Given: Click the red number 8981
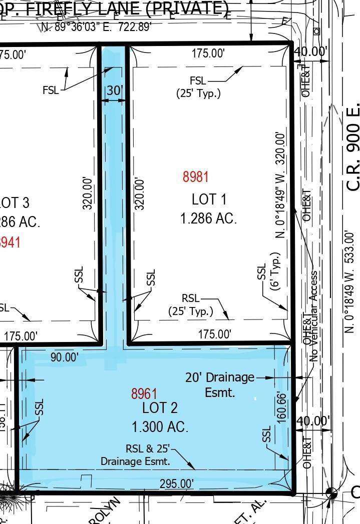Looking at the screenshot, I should click(195, 176).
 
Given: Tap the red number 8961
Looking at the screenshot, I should click(144, 393).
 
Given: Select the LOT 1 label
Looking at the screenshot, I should click(209, 199).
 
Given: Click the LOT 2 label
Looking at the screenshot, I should click(160, 407).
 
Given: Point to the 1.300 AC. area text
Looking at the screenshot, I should click(160, 427).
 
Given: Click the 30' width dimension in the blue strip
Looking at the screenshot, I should click(115, 90).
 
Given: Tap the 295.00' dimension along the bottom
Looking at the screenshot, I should click(176, 483).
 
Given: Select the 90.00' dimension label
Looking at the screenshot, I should click(65, 357).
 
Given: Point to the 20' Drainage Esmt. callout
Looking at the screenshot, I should click(220, 384).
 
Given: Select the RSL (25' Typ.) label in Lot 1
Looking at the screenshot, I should click(190, 304).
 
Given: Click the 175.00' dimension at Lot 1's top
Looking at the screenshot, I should click(208, 53).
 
